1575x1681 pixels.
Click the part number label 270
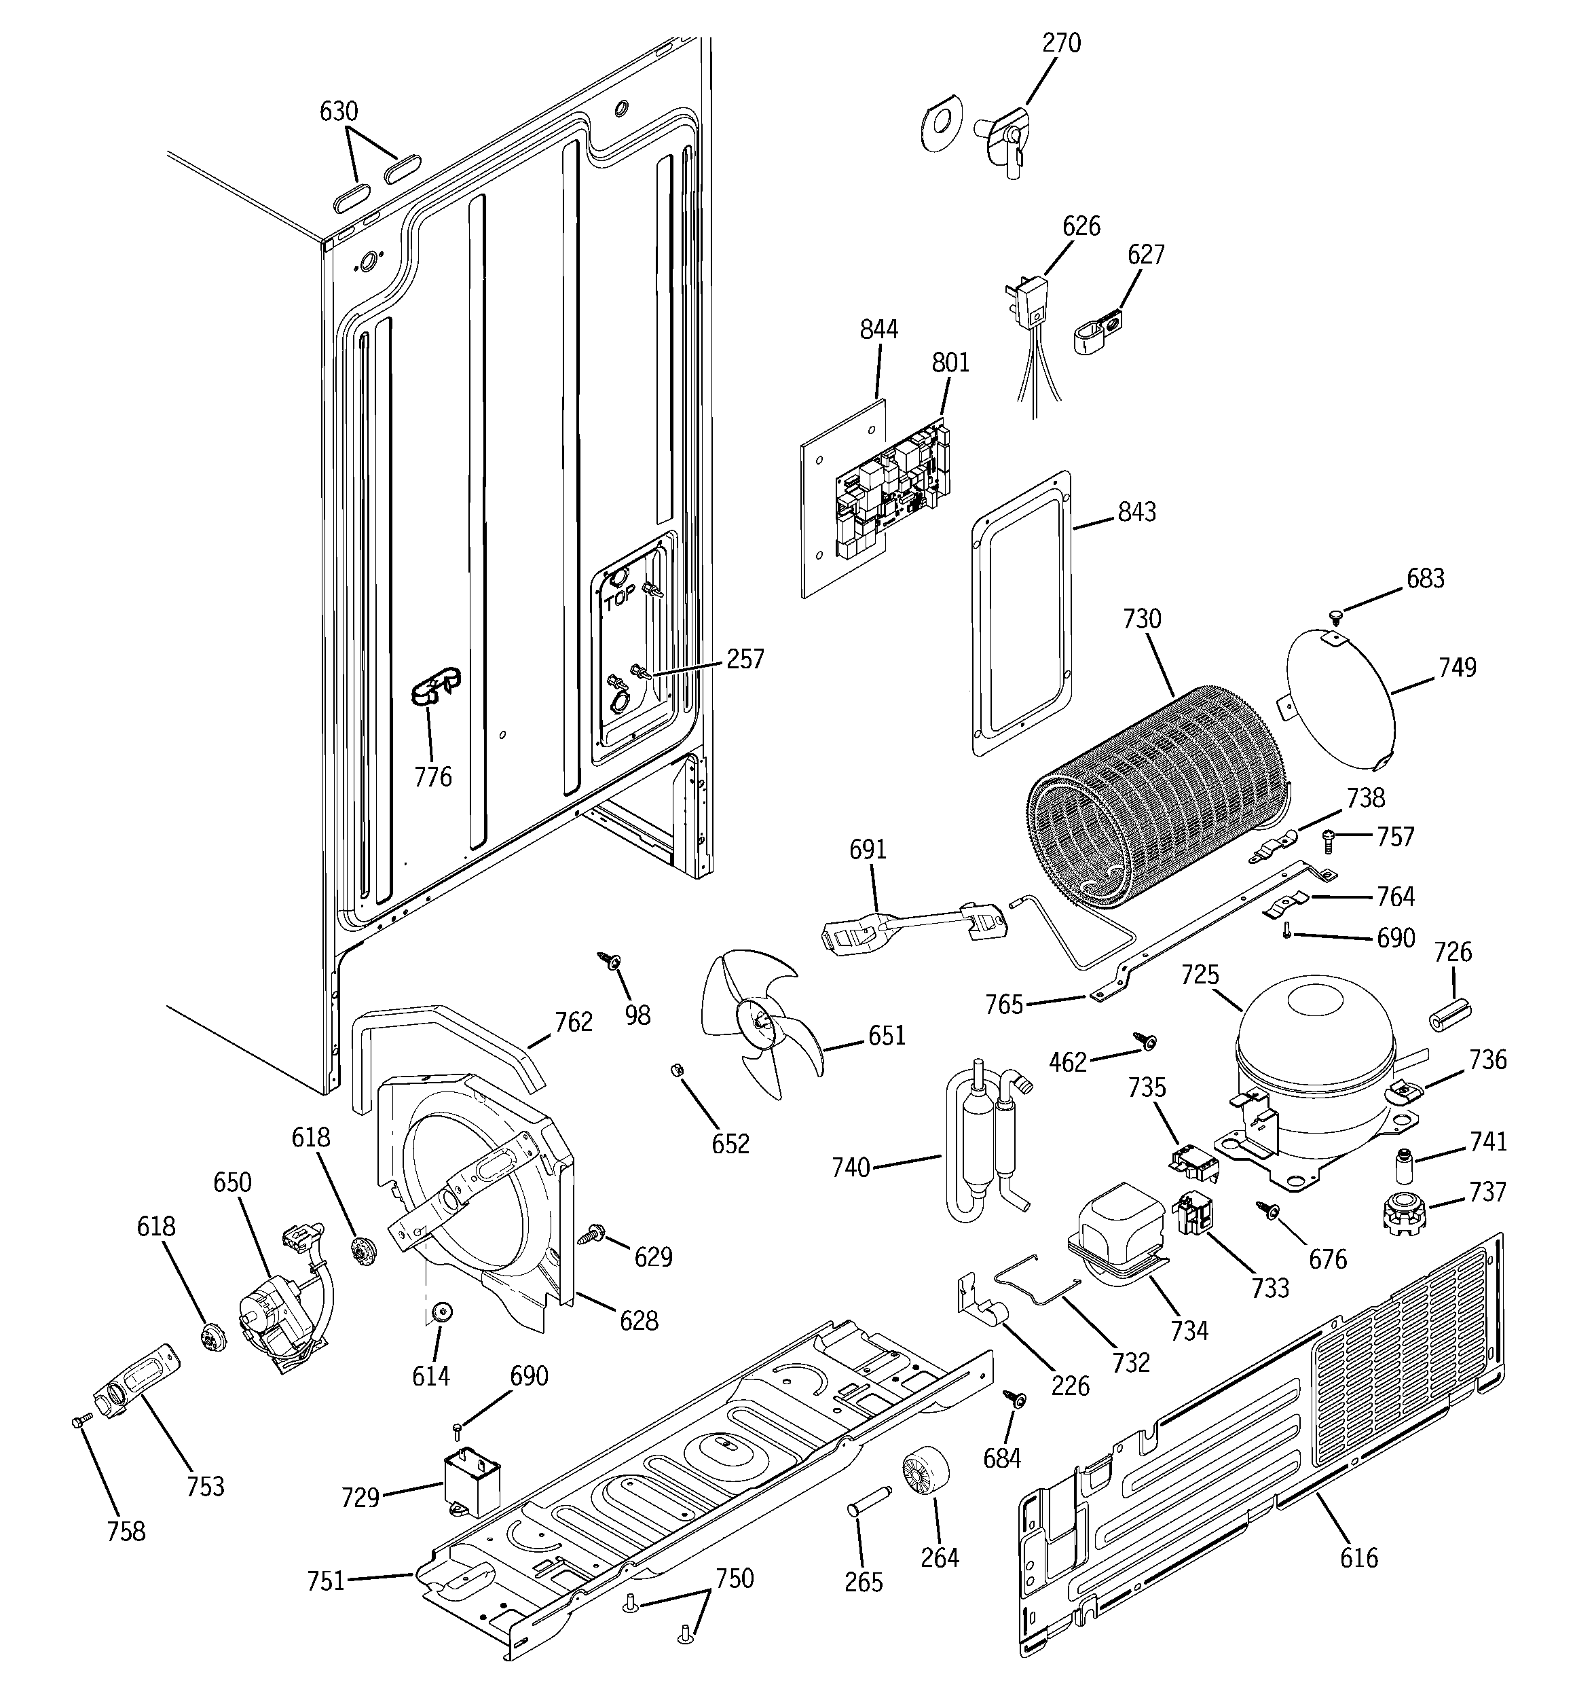click(1060, 43)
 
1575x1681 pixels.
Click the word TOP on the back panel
click(620, 601)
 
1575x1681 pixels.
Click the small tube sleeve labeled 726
click(1449, 1012)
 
